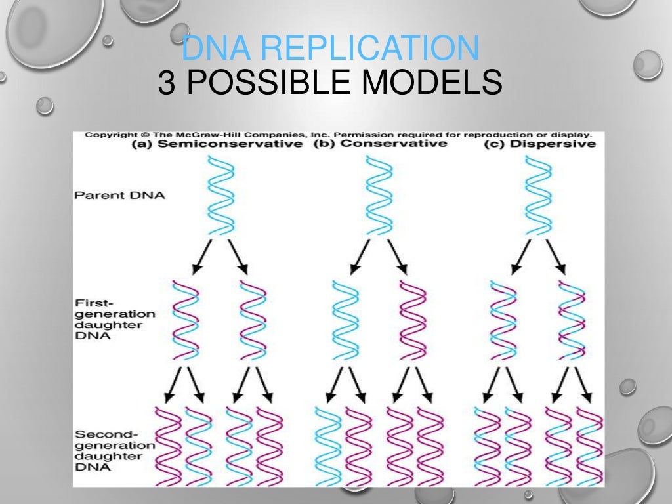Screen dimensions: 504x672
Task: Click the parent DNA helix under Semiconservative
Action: (220, 194)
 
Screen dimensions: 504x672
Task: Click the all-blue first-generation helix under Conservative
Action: (345, 320)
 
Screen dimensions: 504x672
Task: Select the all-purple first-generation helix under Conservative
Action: (413, 320)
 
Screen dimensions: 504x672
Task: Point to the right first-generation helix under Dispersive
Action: (572, 320)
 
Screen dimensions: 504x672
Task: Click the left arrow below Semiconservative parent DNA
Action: (201, 257)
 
